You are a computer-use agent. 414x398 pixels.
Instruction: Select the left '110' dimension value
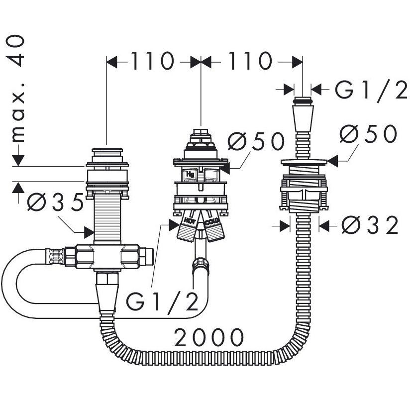(152, 61)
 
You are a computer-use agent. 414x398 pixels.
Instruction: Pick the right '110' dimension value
(249, 61)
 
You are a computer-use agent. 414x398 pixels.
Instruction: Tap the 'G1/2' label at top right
(371, 90)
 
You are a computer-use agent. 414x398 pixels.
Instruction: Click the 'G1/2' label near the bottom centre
(162, 301)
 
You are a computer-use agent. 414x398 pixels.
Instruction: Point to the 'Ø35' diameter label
(55, 202)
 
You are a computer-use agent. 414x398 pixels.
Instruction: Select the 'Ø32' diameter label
(370, 225)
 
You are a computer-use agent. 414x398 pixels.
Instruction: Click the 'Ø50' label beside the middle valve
(256, 141)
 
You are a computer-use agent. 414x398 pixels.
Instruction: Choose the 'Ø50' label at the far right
(368, 133)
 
